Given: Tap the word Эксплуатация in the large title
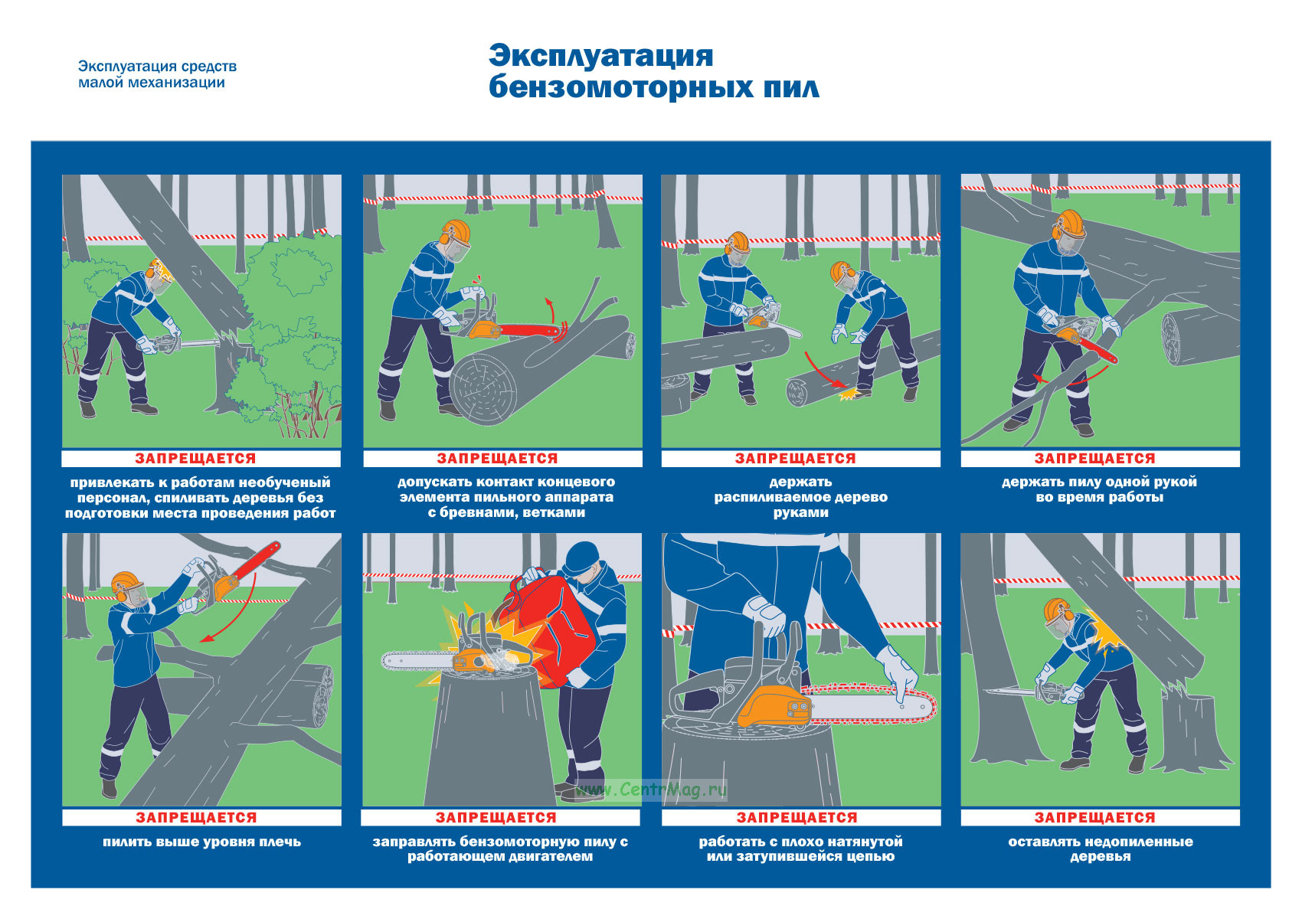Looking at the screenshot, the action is point(601,56).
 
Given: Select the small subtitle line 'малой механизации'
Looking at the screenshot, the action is point(152,83).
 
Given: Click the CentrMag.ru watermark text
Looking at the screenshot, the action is point(652,790).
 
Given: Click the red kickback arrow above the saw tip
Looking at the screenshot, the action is point(549,311).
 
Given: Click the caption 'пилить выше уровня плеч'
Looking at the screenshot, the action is point(201,842).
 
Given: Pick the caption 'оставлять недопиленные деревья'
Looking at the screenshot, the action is point(1101,849).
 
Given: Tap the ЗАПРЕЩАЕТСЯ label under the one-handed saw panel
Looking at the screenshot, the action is point(1094,458).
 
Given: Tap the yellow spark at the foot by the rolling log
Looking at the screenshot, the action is point(849,394).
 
